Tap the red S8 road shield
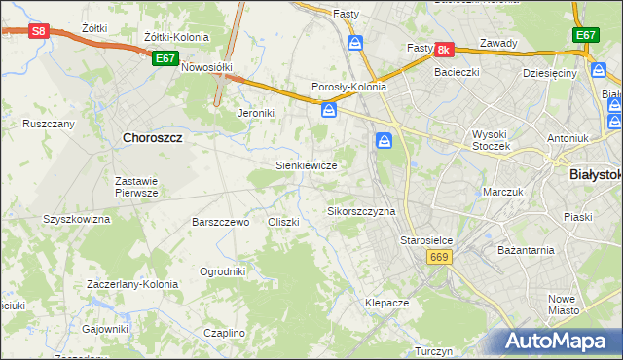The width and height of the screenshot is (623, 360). (x=37, y=31)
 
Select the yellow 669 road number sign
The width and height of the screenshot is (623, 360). (x=437, y=256)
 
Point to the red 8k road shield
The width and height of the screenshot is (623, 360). (x=444, y=49)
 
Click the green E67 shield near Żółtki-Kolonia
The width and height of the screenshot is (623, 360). (x=164, y=58)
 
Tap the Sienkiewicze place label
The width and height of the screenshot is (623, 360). (x=307, y=165)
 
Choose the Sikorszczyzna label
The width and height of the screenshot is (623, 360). (x=361, y=211)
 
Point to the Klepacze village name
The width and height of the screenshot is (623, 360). (x=386, y=303)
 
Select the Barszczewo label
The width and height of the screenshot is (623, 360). (x=221, y=222)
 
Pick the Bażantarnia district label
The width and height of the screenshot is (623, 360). (x=525, y=250)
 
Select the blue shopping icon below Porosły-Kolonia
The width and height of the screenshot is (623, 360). (x=329, y=110)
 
